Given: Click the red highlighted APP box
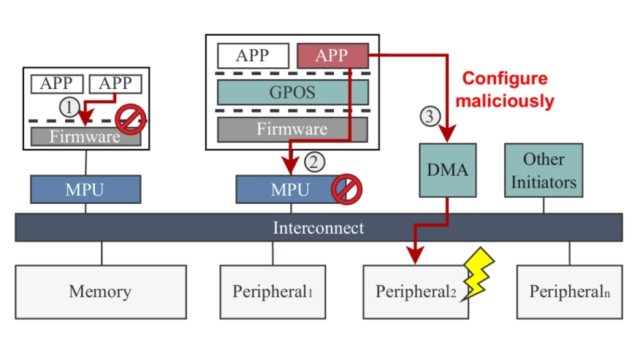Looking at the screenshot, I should point(332,55).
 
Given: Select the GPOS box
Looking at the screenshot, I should point(292,92).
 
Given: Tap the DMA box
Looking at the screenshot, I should point(446,170).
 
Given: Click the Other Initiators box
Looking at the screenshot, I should point(543,170).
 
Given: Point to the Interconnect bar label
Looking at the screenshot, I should point(319,227).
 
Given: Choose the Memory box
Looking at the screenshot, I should point(100,291).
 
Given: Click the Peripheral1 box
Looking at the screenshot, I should point(273,291).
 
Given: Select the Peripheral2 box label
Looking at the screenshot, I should point(415,292).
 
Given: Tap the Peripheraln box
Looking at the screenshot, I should point(570,291).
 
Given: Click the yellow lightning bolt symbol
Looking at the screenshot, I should point(480,273).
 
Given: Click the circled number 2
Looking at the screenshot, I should point(313,161).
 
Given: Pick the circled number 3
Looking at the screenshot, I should point(430,115).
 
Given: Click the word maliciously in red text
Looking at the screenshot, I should point(504,101).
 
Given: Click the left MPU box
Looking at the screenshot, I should point(85,190).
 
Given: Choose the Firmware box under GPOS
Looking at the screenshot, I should point(292,129).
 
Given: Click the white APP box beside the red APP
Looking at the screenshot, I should point(253,55).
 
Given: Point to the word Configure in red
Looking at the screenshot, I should point(505,79).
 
